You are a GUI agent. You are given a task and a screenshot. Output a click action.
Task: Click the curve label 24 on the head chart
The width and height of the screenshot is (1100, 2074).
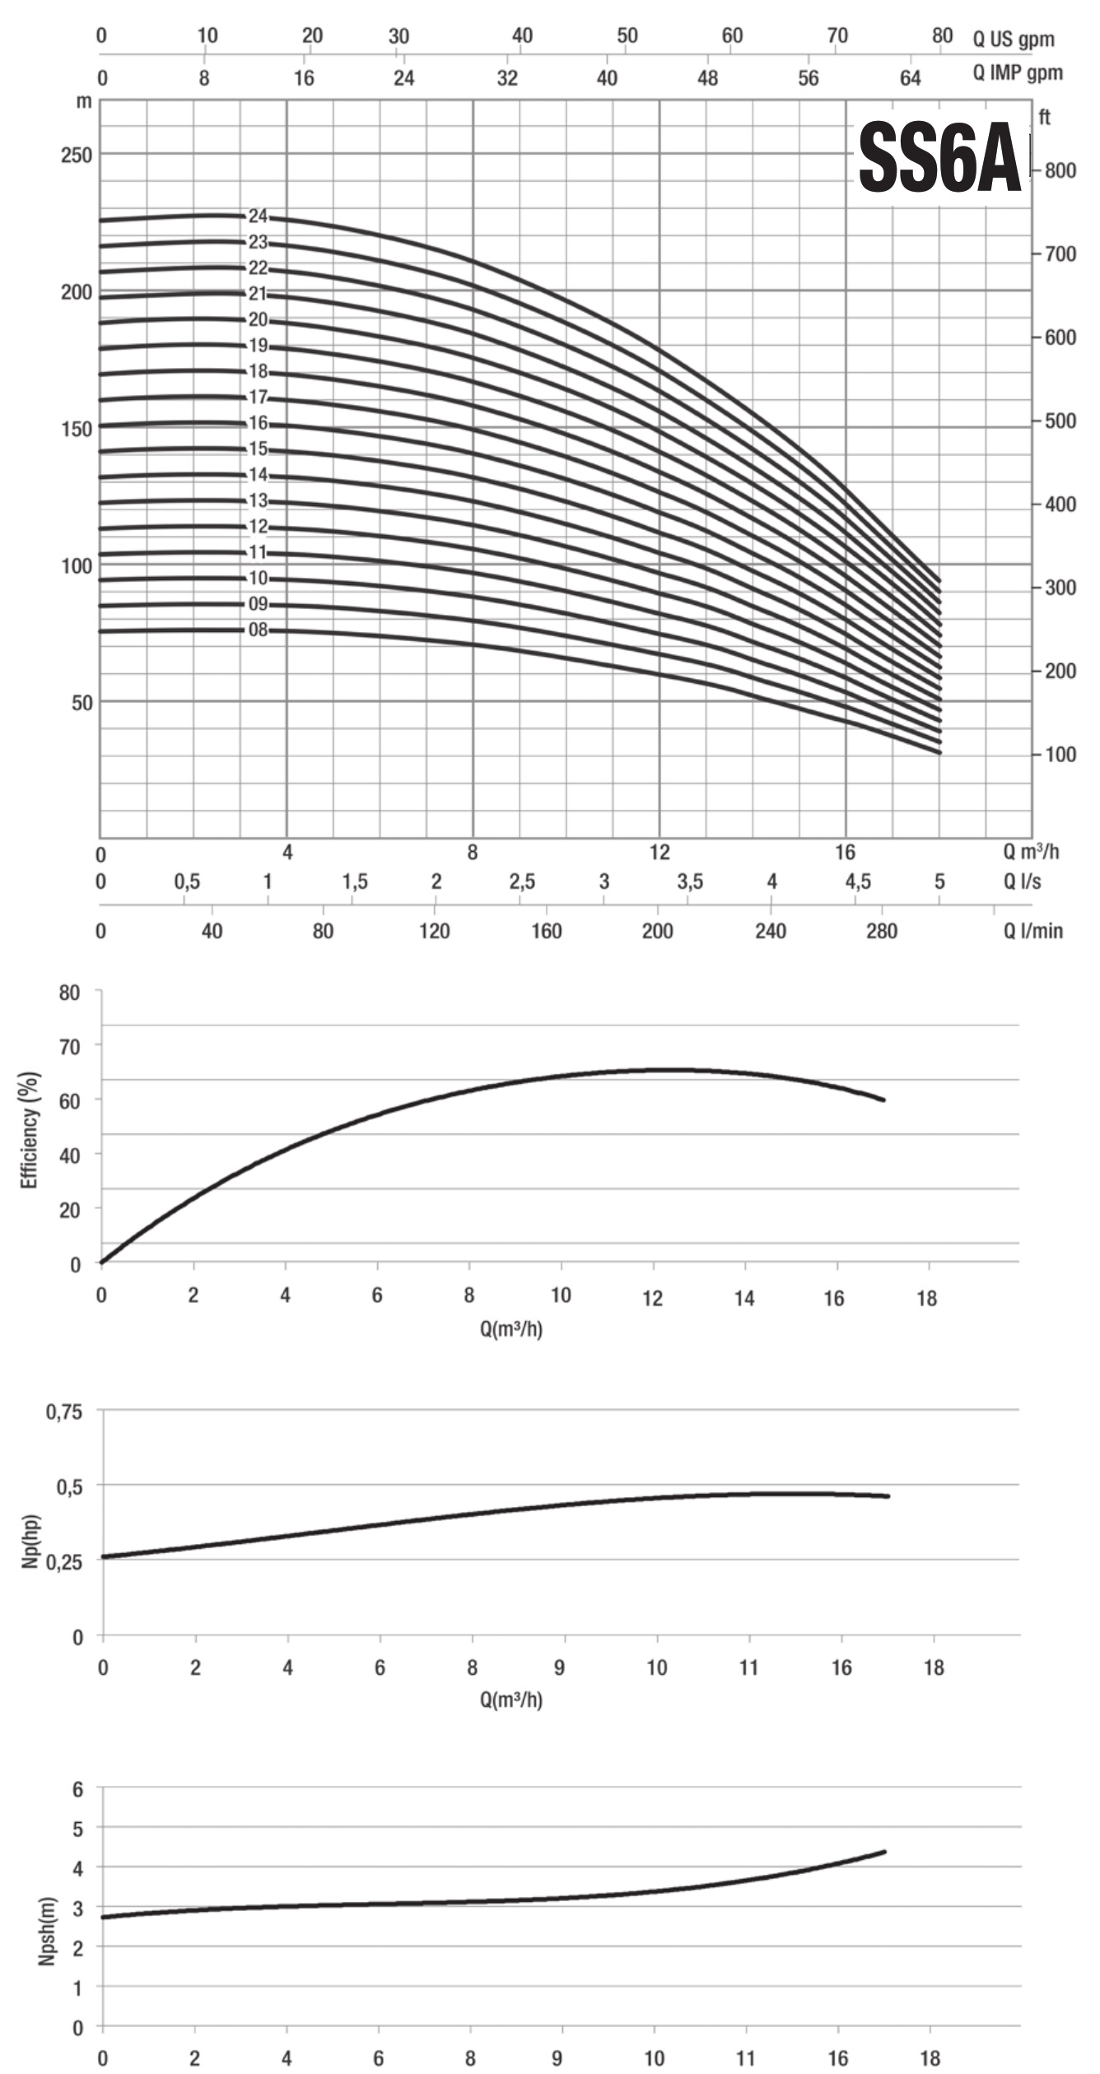(259, 216)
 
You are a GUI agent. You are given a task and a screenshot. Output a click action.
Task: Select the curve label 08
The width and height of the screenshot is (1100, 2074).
(259, 630)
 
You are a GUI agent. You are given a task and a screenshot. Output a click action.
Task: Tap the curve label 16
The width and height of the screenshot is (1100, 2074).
(259, 423)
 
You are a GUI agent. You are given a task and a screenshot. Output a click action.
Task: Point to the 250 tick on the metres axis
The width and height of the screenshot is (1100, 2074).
(77, 155)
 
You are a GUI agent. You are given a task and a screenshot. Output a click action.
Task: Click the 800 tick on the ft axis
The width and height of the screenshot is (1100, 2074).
(1060, 170)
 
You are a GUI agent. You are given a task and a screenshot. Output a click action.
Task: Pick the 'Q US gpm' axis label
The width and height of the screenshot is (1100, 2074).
(1013, 40)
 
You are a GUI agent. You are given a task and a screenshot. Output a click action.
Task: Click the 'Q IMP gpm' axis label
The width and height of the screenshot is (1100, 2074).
(1018, 73)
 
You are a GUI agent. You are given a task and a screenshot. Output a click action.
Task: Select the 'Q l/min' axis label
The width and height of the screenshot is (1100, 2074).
(1032, 931)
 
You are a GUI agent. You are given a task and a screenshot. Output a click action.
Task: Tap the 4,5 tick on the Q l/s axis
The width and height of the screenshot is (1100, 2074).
(857, 881)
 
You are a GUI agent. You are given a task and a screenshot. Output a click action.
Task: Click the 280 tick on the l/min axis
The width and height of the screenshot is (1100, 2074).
(882, 931)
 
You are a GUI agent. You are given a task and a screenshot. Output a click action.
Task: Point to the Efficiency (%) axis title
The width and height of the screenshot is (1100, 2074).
(30, 1129)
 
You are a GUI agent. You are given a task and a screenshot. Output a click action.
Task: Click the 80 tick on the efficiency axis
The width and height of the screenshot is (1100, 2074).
(70, 993)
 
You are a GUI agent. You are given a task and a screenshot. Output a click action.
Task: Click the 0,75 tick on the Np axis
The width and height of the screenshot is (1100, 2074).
(63, 1412)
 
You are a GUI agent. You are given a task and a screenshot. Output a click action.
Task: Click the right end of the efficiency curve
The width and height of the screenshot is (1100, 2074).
(883, 1100)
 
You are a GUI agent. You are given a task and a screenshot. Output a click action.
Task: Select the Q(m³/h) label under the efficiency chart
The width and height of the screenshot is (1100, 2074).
(511, 1328)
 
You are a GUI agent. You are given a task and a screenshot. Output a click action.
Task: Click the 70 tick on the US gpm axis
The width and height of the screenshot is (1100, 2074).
(837, 36)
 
